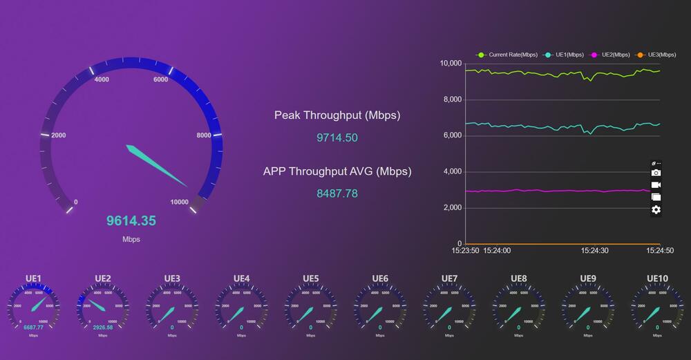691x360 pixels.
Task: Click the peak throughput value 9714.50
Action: point(337,138)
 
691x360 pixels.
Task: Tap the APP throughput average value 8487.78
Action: point(337,193)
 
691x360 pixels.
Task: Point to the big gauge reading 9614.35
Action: point(131,221)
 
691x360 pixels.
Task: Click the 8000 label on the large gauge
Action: point(204,135)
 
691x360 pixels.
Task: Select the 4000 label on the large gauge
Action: point(102,79)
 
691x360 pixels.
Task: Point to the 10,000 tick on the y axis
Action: point(451,64)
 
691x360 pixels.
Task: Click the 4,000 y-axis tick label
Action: point(452,172)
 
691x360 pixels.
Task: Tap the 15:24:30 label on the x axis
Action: point(594,251)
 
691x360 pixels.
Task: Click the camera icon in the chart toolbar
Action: point(656,173)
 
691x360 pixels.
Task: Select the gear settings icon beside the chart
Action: point(656,209)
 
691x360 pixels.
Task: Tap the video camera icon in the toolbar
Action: point(656,185)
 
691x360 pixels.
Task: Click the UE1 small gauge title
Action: point(34,278)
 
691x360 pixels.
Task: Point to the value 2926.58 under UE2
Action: point(102,328)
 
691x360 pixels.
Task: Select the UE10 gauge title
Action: point(657,278)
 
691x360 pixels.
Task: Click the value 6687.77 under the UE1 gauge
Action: point(34,328)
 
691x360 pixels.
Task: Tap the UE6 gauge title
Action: point(380,278)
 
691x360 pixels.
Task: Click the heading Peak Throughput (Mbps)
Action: point(337,115)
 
